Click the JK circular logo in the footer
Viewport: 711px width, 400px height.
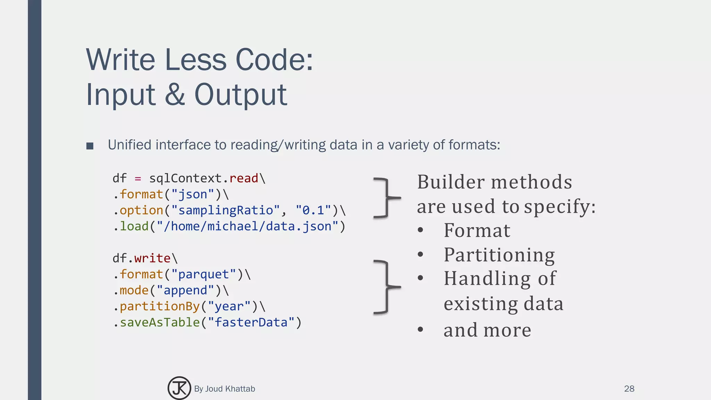point(179,388)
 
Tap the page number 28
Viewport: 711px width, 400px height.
point(629,389)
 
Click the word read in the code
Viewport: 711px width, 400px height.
point(244,178)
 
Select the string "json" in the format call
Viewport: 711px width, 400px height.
point(193,194)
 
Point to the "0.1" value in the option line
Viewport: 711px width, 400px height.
point(313,210)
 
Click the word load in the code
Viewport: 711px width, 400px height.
point(134,226)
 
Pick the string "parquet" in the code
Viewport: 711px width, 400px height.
point(203,274)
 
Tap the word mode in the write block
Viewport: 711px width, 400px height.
point(134,290)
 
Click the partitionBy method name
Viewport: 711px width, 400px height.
point(160,306)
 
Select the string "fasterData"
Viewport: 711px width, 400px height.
point(251,322)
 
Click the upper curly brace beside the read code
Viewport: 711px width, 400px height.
point(386,198)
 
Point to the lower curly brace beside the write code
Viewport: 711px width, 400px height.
point(386,287)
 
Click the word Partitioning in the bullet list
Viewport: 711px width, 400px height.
point(499,255)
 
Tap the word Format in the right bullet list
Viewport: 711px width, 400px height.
point(477,230)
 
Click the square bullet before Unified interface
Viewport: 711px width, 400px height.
point(90,146)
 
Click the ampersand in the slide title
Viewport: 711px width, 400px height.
point(175,94)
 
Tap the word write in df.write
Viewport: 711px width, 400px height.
point(152,258)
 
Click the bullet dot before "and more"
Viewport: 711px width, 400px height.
point(420,329)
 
